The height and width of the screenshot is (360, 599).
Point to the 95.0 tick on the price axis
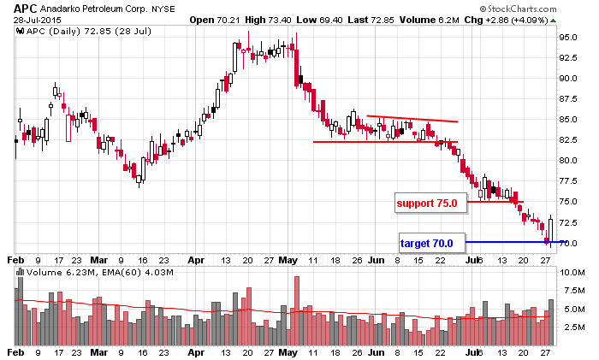coord(571,37)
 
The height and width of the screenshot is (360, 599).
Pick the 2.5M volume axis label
coord(572,328)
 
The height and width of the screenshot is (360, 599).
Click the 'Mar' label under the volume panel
coord(101,351)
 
